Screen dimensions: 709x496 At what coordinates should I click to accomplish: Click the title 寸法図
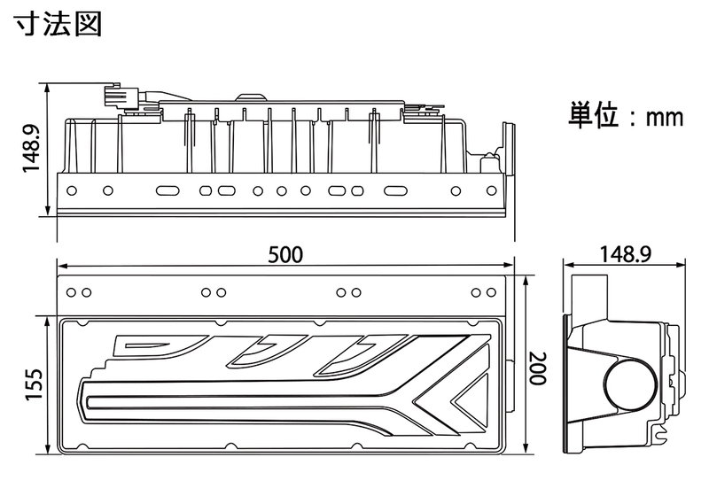(x=58, y=24)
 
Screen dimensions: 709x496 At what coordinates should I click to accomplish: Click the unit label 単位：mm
(x=626, y=115)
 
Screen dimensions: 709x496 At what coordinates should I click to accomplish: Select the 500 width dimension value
(x=285, y=255)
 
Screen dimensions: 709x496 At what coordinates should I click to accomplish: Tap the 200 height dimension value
(x=538, y=368)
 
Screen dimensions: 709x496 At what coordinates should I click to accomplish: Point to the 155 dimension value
(x=34, y=385)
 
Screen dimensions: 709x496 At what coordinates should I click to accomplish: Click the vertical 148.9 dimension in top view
(x=32, y=149)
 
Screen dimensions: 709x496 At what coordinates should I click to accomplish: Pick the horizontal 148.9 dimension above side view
(x=626, y=254)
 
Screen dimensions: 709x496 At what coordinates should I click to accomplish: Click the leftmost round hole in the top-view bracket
(x=72, y=190)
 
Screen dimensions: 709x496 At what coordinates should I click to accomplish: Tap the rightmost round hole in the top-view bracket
(x=492, y=190)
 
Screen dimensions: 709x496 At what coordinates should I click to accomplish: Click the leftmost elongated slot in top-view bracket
(x=168, y=190)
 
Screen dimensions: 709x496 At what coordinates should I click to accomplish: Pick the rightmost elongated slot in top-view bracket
(x=395, y=190)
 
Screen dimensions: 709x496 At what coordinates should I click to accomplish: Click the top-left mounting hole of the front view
(x=71, y=292)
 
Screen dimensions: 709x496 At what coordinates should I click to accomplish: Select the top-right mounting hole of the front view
(x=491, y=292)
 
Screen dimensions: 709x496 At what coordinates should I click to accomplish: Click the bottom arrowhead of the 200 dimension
(x=526, y=449)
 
